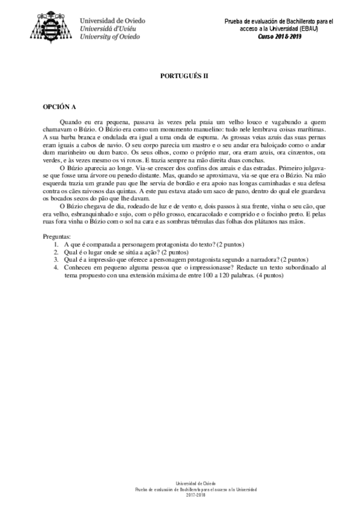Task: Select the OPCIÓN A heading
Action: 59,108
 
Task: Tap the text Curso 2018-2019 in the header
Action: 280,36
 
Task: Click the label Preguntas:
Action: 61,254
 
